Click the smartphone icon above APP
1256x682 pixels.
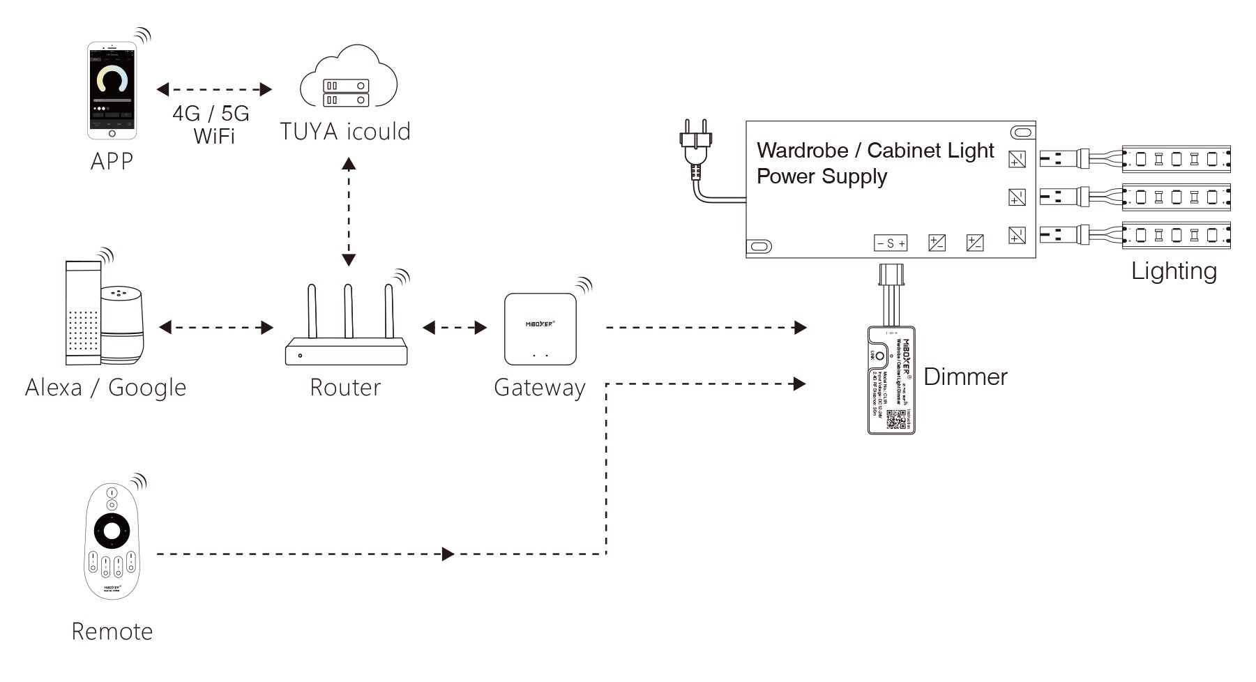(112, 91)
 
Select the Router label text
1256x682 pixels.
(345, 388)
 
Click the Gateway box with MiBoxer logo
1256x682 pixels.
(540, 328)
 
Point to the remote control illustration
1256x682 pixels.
(112, 541)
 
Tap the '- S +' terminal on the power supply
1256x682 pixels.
(891, 243)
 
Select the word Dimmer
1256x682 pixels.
(965, 377)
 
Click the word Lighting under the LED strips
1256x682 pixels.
(1174, 271)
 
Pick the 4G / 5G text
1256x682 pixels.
(211, 114)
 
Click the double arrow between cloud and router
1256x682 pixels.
(349, 212)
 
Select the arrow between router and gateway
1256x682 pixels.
(455, 328)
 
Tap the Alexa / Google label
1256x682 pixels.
(106, 388)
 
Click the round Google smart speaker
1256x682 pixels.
(123, 324)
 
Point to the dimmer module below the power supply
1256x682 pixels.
(891, 380)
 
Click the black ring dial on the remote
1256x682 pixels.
(112, 532)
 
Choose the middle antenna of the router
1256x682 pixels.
(348, 311)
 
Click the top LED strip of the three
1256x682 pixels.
(1176, 159)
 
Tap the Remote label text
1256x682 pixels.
(112, 632)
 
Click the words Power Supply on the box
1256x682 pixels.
(822, 176)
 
